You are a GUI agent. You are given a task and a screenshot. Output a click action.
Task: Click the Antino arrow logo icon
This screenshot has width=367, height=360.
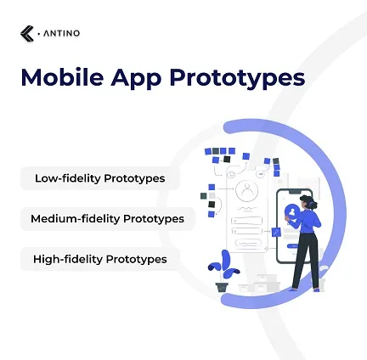click(27, 33)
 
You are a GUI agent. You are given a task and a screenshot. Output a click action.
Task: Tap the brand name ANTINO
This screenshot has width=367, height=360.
click(61, 33)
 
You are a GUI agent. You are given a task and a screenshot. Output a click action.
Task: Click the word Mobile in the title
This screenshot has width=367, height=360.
click(62, 77)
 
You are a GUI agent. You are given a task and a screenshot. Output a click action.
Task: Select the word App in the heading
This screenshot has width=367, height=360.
click(136, 79)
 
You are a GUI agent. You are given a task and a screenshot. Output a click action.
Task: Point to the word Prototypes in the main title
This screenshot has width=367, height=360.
click(237, 79)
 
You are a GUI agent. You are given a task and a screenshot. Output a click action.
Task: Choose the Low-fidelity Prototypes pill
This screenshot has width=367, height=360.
click(100, 178)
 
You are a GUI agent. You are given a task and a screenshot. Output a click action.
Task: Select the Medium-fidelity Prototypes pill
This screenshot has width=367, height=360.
click(108, 218)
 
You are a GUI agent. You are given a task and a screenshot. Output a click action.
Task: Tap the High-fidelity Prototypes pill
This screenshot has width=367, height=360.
click(100, 259)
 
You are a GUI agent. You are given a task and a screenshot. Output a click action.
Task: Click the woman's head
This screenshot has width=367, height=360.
click(308, 202)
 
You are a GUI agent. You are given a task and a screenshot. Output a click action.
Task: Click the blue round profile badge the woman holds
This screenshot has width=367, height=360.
click(292, 211)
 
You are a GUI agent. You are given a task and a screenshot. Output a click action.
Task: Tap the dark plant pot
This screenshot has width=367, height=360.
click(222, 287)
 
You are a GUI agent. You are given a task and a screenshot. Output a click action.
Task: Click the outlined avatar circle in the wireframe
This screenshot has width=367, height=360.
click(246, 191)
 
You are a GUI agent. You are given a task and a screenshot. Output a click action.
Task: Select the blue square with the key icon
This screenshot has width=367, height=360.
click(276, 232)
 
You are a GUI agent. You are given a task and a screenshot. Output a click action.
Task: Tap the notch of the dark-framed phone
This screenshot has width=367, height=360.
click(296, 192)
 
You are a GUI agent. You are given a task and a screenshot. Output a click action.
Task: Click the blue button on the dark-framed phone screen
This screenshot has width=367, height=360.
click(293, 246)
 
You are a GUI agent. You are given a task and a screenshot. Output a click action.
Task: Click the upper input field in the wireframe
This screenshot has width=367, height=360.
click(246, 221)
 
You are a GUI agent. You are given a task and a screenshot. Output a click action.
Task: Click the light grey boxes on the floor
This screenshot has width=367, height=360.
click(259, 284)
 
